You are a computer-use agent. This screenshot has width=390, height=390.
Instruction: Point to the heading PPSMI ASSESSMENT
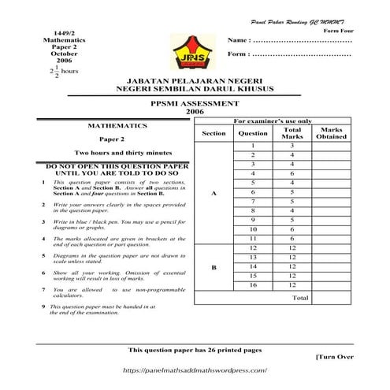point(195,103)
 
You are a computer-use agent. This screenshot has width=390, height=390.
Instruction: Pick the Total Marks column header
point(292,132)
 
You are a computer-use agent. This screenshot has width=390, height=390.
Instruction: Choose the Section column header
point(214,133)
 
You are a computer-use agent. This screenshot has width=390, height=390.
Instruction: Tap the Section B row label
point(214,268)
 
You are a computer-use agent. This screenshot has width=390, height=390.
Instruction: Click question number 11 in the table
point(253,238)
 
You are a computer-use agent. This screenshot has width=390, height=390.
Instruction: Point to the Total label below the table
point(300,299)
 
